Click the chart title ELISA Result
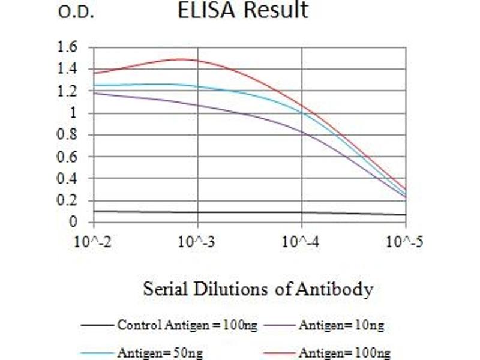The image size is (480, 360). pyautogui.click(x=243, y=10)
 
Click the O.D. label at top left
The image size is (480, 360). pyautogui.click(x=76, y=12)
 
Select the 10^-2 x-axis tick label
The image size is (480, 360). pyautogui.click(x=94, y=242)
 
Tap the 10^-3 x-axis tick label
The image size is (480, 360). pyautogui.click(x=197, y=242)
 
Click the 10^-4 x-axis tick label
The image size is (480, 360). pyautogui.click(x=301, y=242)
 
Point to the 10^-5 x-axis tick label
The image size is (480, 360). pyautogui.click(x=405, y=242)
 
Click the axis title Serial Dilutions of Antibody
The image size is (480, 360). pyautogui.click(x=258, y=289)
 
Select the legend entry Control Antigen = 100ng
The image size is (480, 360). pyautogui.click(x=187, y=326)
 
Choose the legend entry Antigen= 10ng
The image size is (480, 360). pyautogui.click(x=341, y=326)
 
